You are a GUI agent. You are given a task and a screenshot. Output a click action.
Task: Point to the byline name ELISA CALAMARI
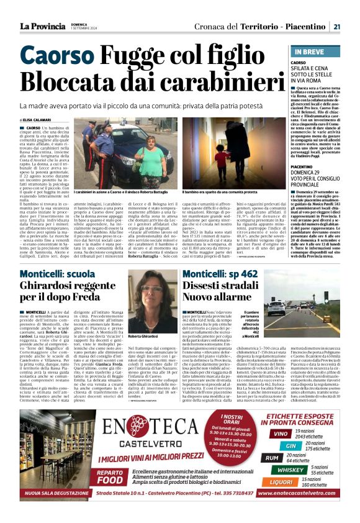38,120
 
